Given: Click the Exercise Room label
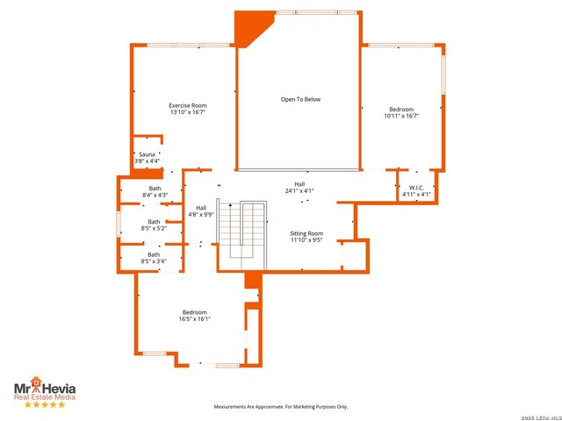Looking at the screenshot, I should coord(187,105).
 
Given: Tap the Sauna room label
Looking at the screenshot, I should coord(148,154).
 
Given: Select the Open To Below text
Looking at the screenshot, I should coord(300,99).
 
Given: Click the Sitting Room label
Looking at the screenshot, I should coord(307,233).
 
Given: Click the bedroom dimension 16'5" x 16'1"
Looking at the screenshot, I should coord(194,318).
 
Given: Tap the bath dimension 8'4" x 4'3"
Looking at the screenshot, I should coord(155,195).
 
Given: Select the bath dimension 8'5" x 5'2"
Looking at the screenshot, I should coord(155,228).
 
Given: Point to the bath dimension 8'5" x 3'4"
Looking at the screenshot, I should coord(155,261).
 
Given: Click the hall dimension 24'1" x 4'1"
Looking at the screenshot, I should coord(299,190).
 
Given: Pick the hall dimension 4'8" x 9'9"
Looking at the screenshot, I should coord(201,214).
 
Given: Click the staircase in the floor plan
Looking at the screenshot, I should coord(241,230).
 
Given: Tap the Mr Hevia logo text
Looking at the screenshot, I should coord(44,385).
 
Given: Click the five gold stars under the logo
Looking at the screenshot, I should coord(43,405).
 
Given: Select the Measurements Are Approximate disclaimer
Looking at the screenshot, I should coord(282,407).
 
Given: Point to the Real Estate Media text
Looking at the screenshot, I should coord(44,396).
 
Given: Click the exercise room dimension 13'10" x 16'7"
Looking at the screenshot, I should coord(187,112).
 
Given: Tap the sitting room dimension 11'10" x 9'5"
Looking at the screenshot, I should coord(307,239).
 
